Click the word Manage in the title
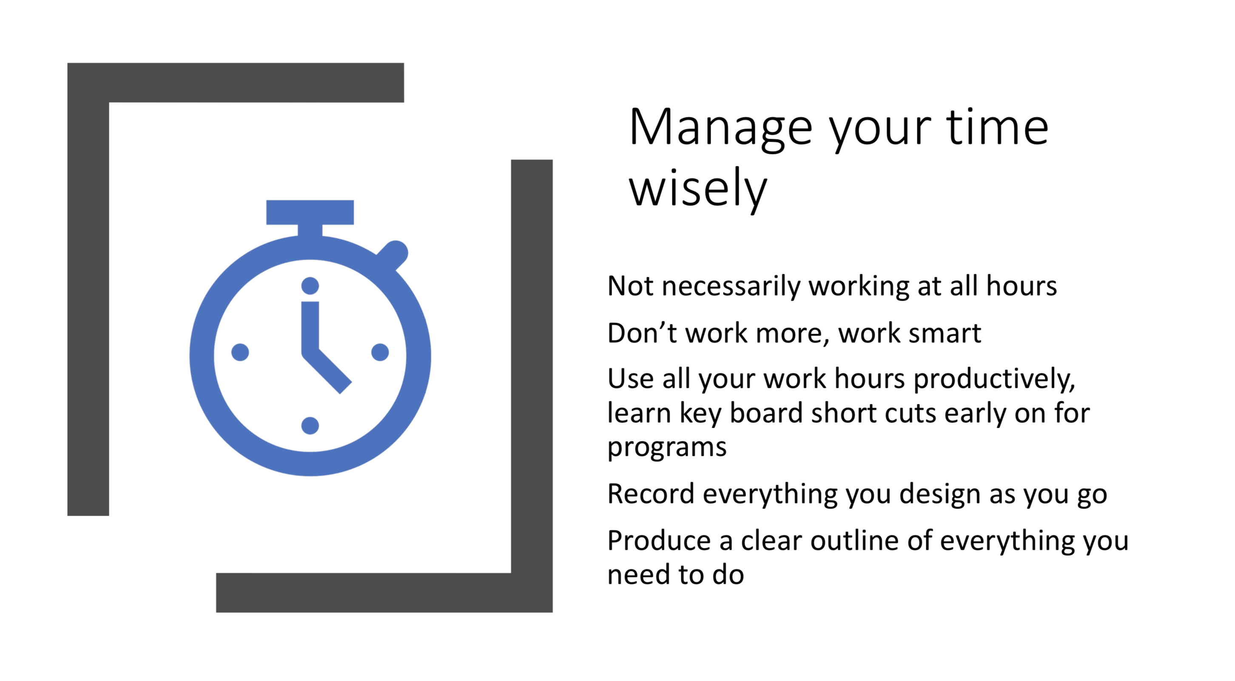point(720,128)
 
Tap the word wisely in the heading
point(698,189)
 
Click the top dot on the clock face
point(310,286)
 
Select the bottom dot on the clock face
point(310,426)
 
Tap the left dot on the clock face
point(240,352)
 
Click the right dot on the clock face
point(380,352)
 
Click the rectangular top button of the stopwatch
point(310,212)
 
